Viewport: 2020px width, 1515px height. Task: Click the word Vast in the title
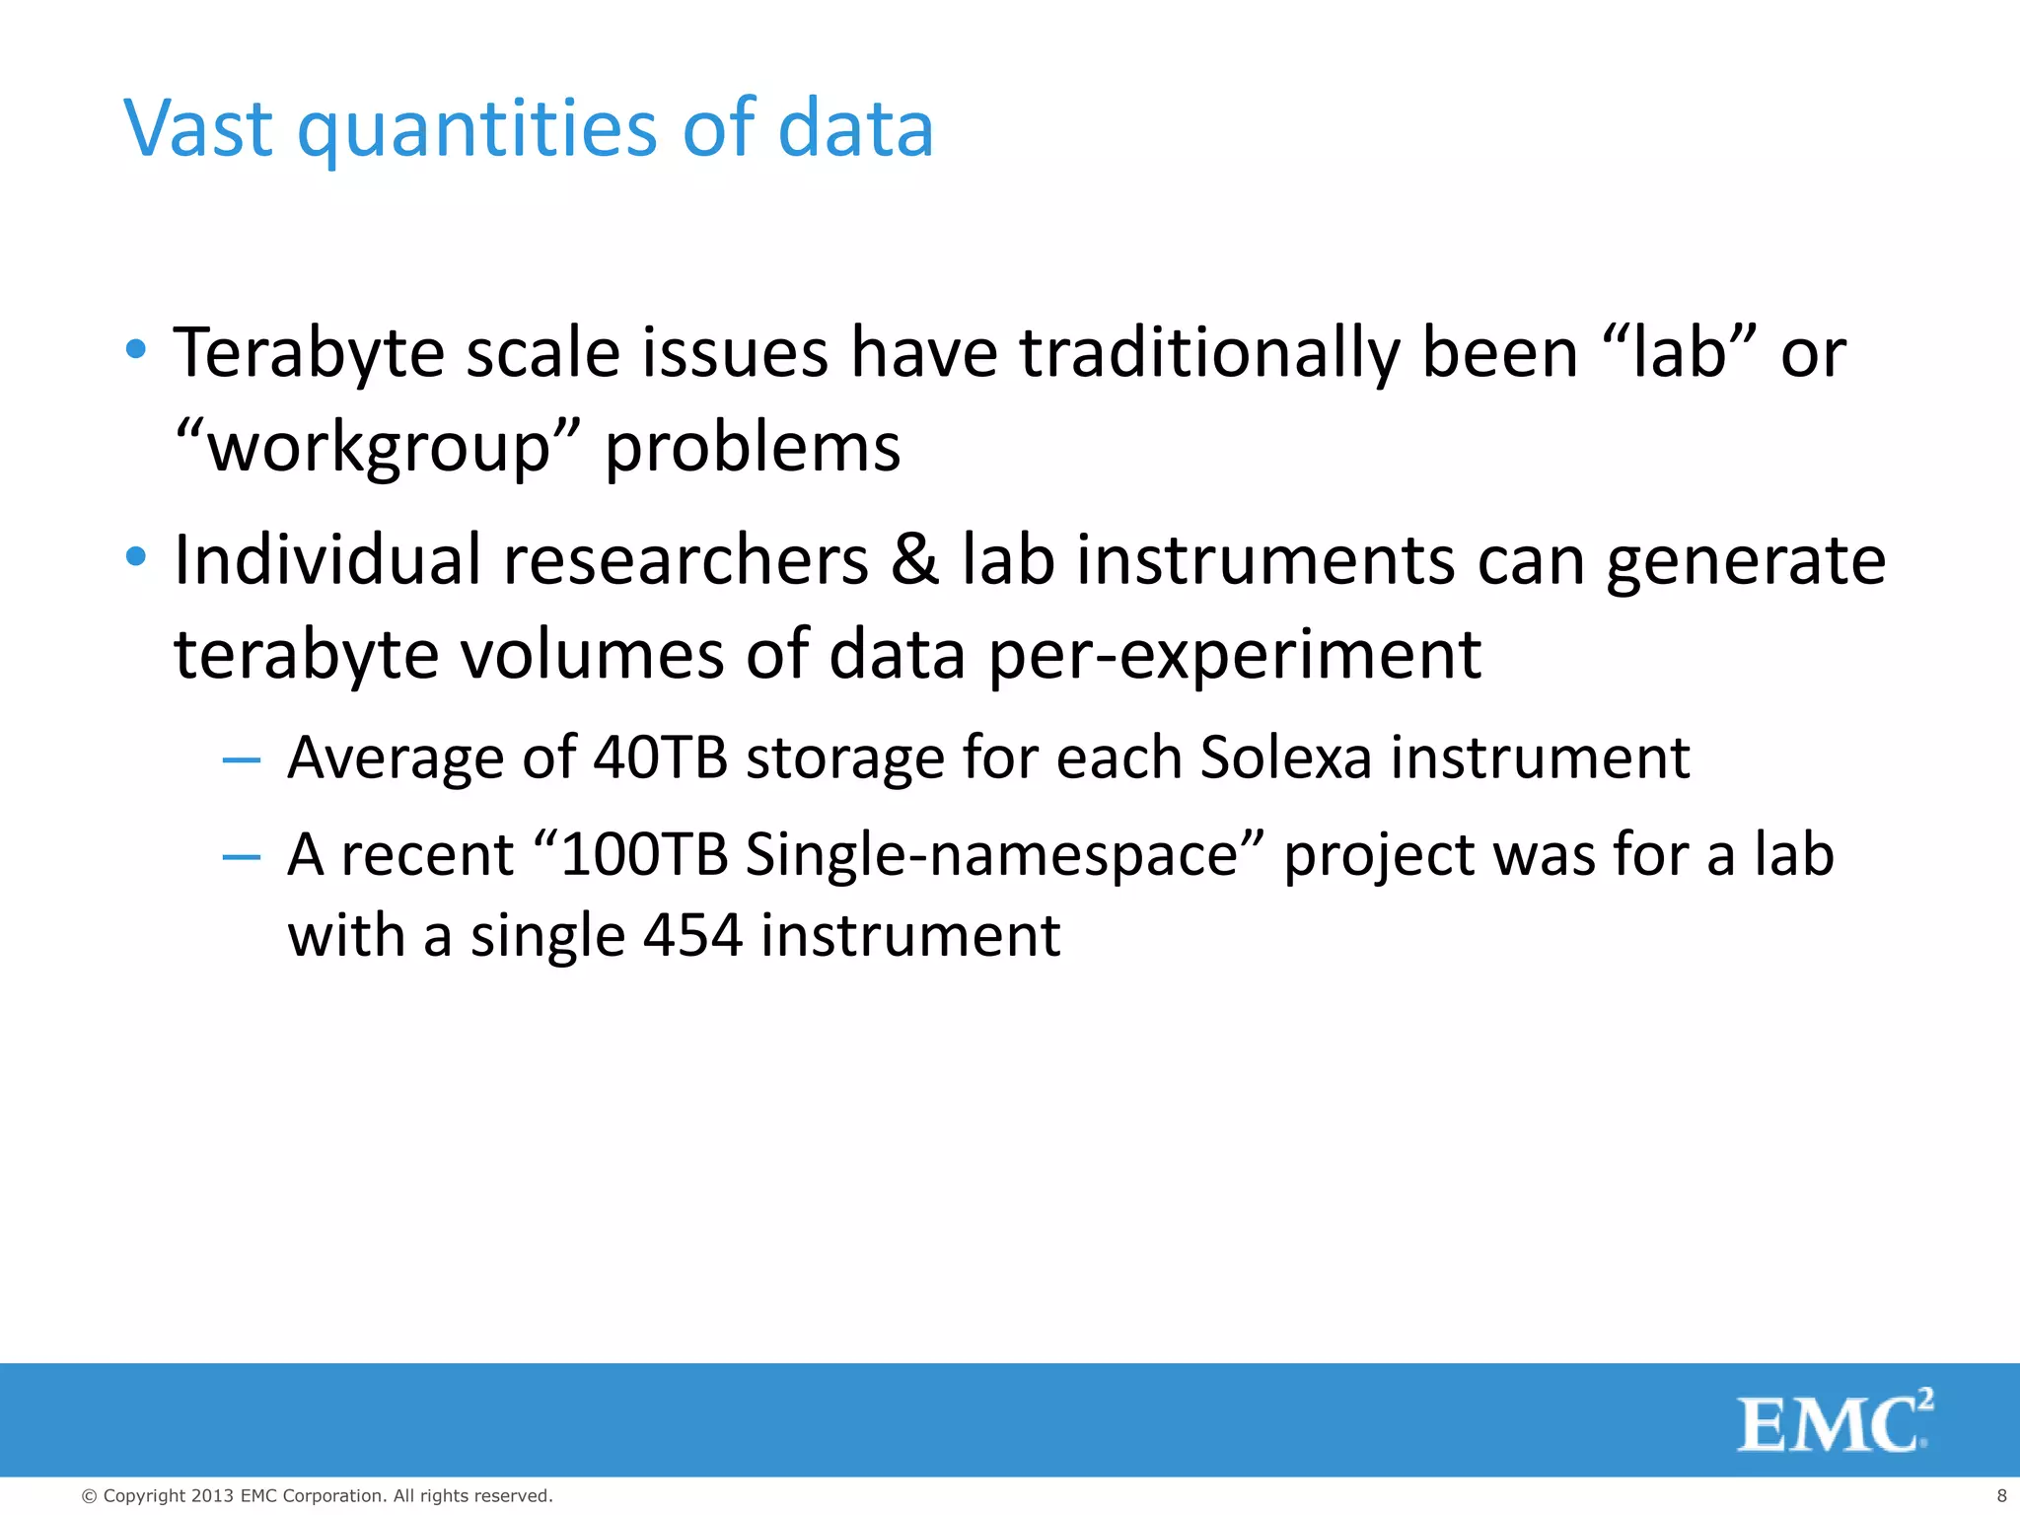click(197, 128)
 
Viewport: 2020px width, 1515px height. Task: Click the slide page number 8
click(2001, 1496)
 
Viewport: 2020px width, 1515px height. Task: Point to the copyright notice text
click(317, 1496)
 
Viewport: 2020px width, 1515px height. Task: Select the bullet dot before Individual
click(136, 557)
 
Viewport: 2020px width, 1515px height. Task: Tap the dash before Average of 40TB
click(242, 759)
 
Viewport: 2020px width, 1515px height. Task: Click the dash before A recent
click(242, 856)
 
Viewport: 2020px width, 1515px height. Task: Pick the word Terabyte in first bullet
click(309, 353)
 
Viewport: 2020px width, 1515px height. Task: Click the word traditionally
click(1208, 353)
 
